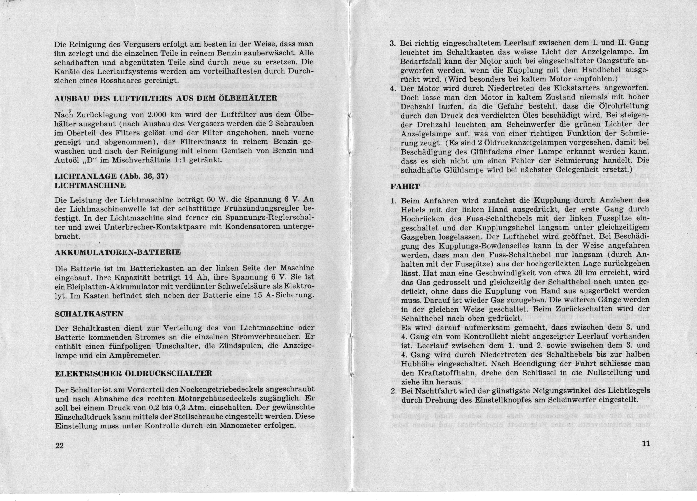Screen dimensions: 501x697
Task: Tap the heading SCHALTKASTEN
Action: pos(89,314)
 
